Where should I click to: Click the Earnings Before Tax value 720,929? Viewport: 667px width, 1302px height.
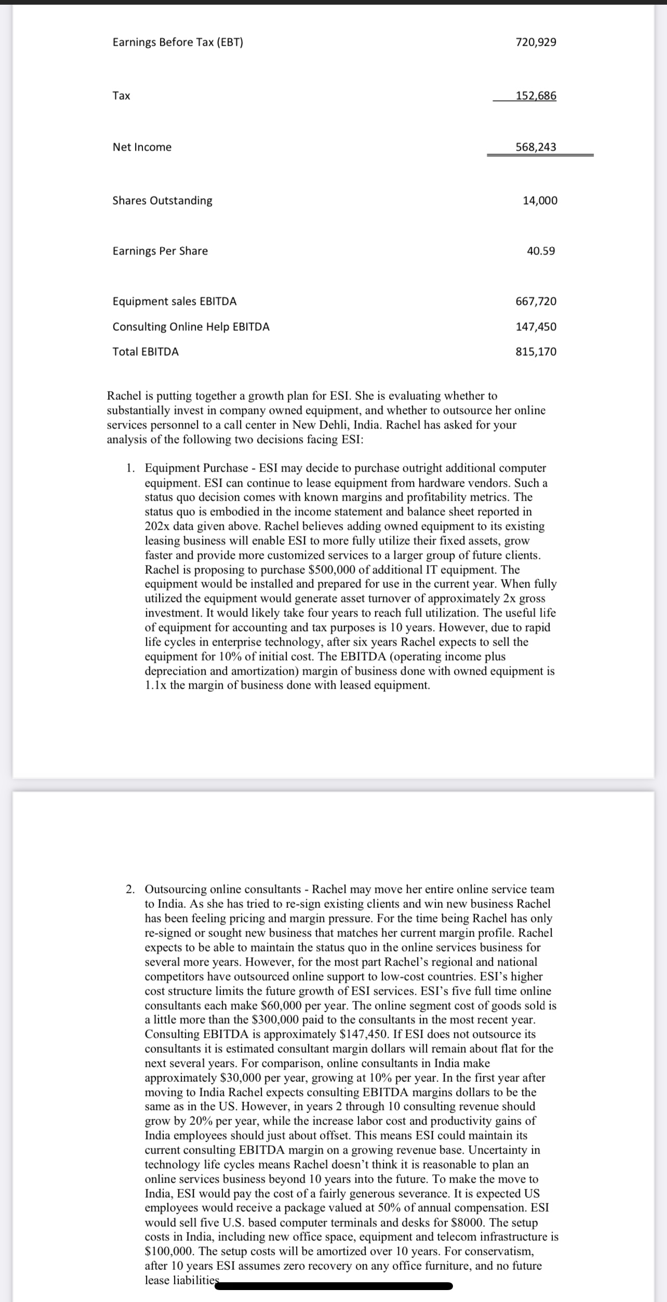point(536,42)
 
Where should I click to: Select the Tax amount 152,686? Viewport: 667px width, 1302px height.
point(536,96)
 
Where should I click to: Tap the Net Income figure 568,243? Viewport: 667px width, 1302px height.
point(536,147)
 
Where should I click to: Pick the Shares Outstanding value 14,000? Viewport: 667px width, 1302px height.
point(540,200)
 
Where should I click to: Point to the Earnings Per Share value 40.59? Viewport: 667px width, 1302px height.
point(541,251)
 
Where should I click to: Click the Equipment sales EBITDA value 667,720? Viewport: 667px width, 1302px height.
point(536,301)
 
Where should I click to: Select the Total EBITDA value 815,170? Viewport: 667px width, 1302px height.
point(536,352)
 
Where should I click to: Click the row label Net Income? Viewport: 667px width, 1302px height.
point(142,147)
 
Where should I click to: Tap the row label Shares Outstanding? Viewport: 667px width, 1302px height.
point(162,200)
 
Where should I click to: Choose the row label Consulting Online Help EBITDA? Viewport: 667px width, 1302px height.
point(191,327)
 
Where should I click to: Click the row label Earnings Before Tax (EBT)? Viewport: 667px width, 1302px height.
point(178,42)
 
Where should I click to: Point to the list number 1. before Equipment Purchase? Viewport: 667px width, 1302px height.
point(130,468)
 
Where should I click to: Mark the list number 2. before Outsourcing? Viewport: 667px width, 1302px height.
point(130,889)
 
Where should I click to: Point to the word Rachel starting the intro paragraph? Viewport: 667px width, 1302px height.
point(125,396)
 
